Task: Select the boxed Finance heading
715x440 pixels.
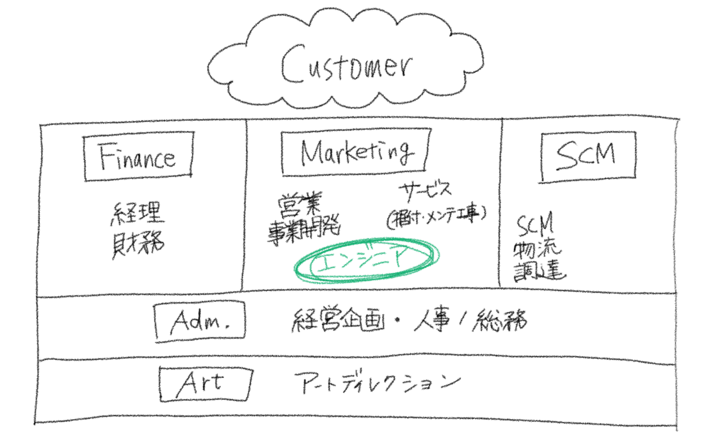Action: [x=138, y=157]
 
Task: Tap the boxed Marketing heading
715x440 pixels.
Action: [x=356, y=152]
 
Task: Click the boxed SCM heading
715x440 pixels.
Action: [x=587, y=156]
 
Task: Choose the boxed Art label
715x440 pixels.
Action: [x=204, y=383]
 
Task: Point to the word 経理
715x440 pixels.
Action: [x=137, y=213]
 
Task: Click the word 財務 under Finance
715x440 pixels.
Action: [x=138, y=244]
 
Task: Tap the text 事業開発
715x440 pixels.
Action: [x=304, y=230]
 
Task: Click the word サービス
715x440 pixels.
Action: [x=426, y=190]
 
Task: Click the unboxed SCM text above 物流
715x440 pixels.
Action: [x=535, y=226]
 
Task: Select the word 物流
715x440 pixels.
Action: [x=537, y=249]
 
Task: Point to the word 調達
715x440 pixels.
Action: [x=539, y=270]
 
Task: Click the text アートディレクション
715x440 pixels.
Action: [x=377, y=383]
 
